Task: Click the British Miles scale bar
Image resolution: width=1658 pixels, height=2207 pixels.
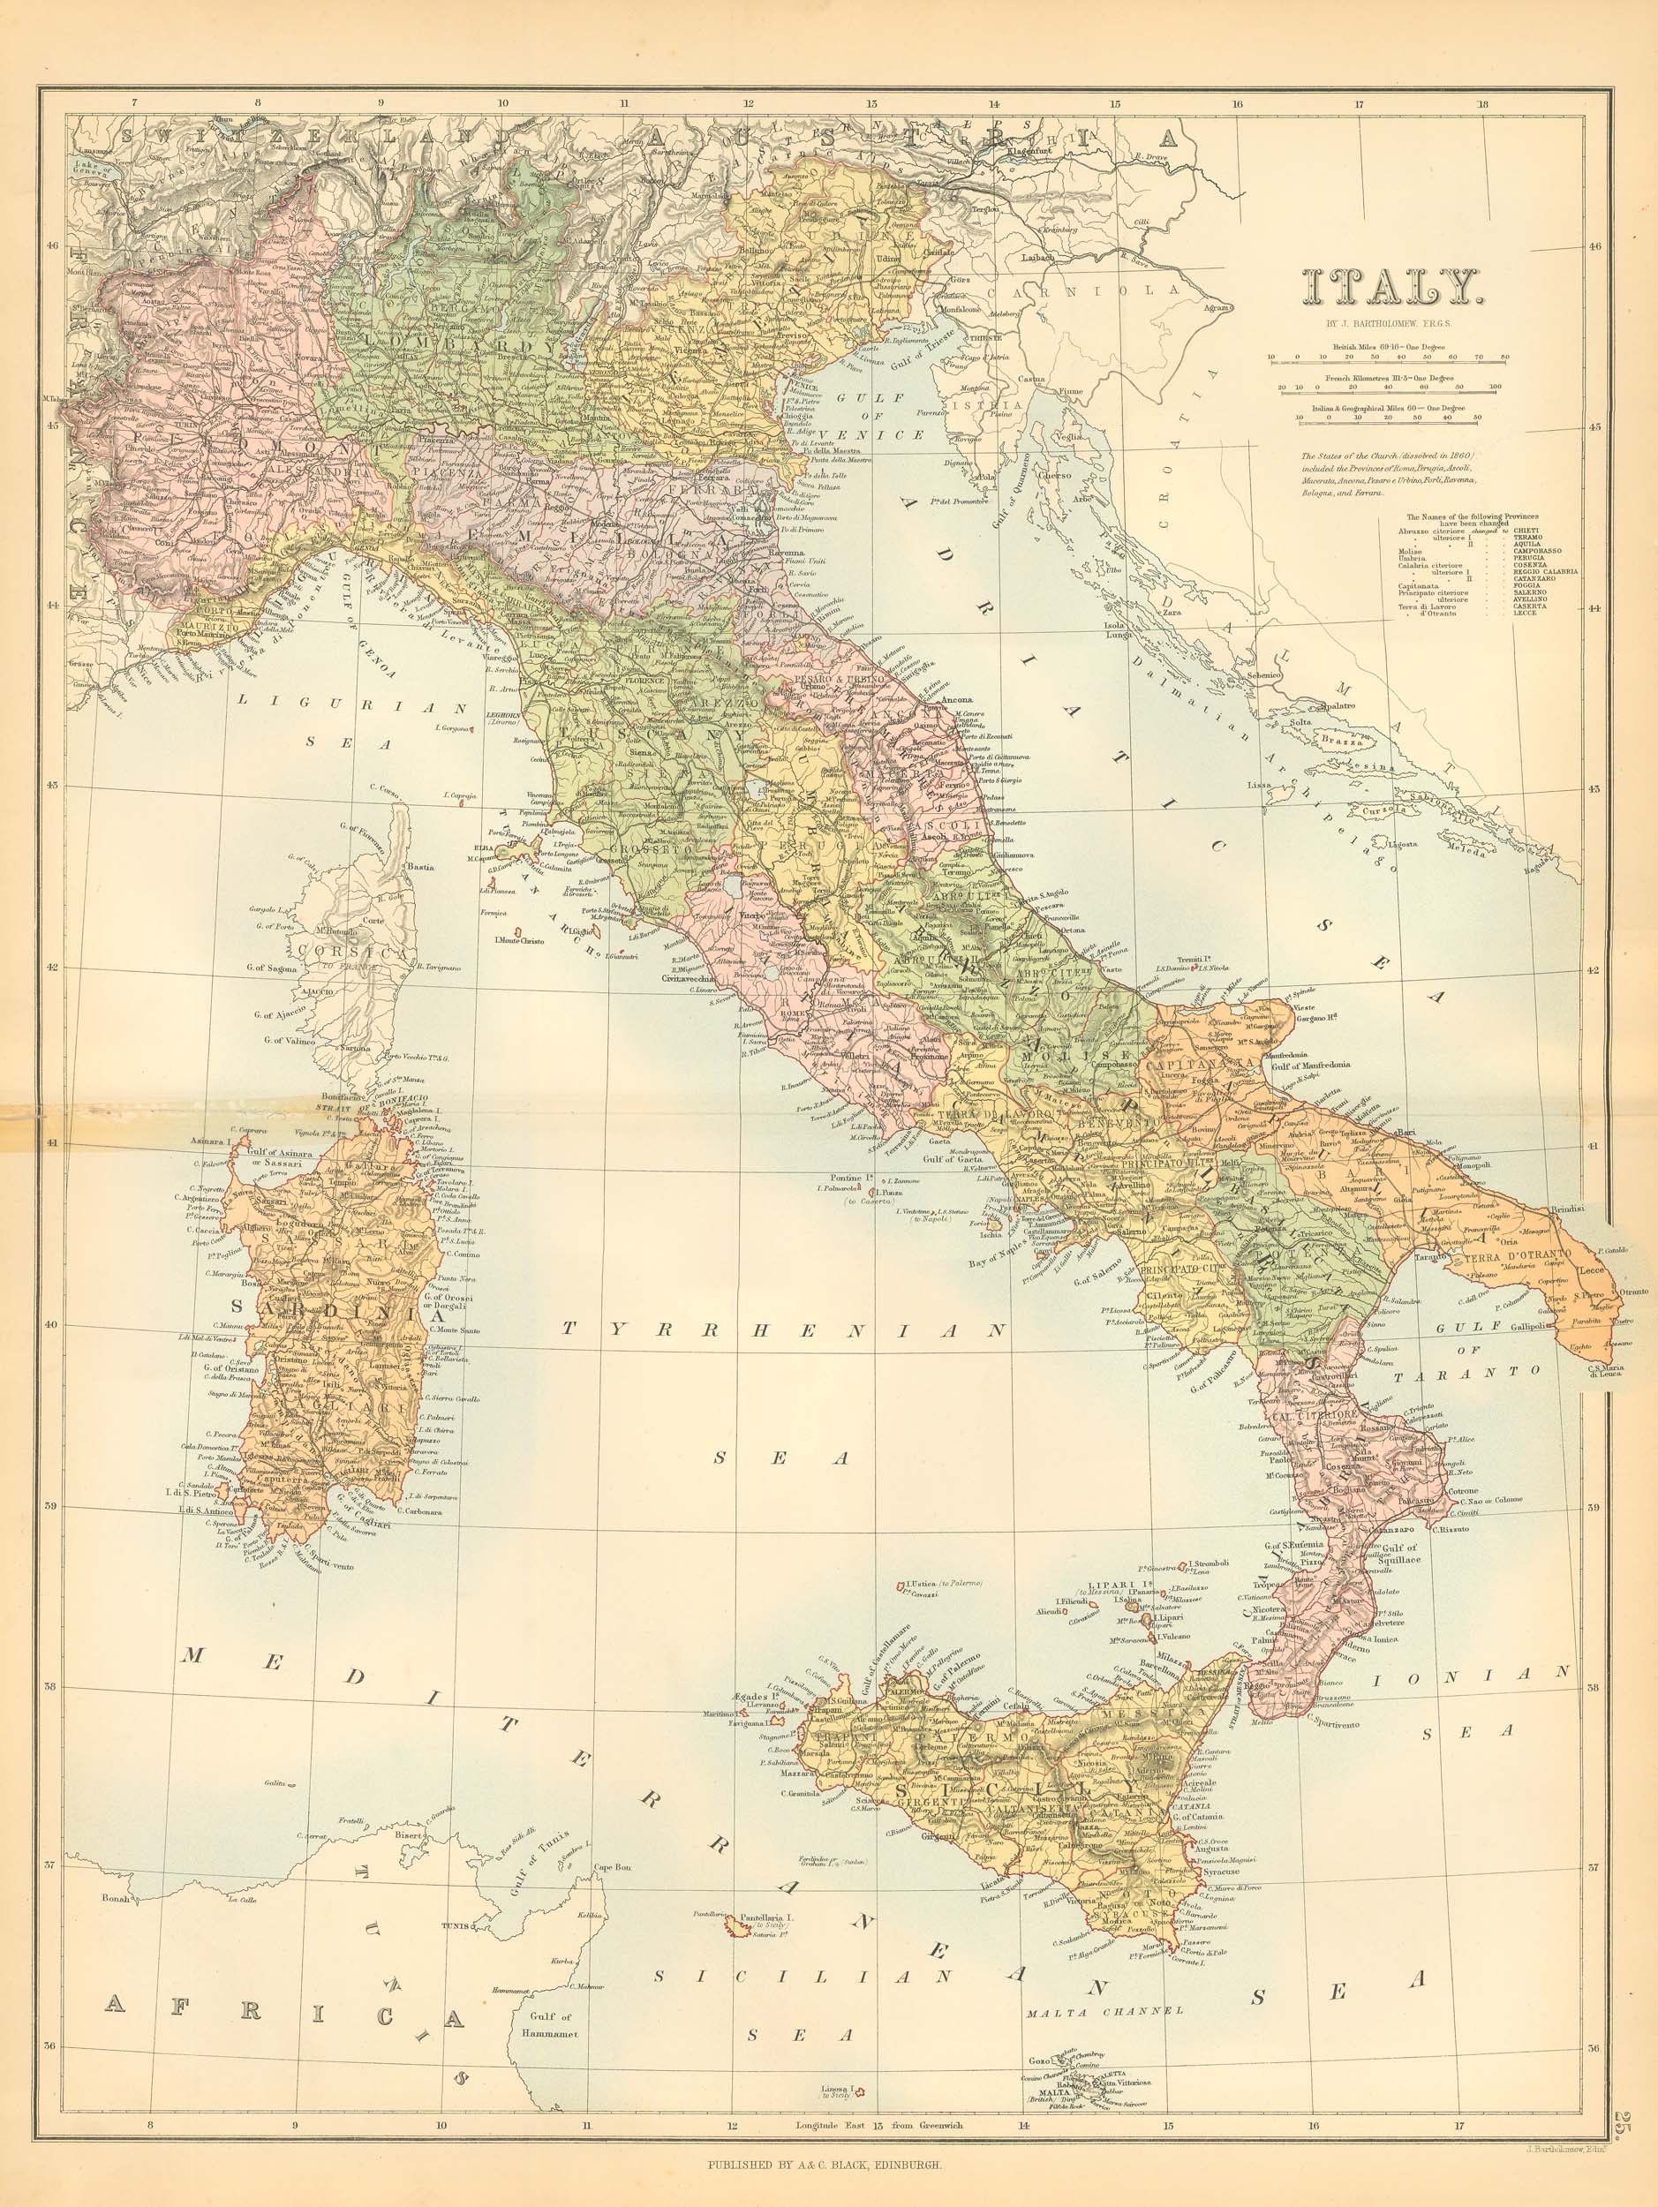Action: [1388, 355]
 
